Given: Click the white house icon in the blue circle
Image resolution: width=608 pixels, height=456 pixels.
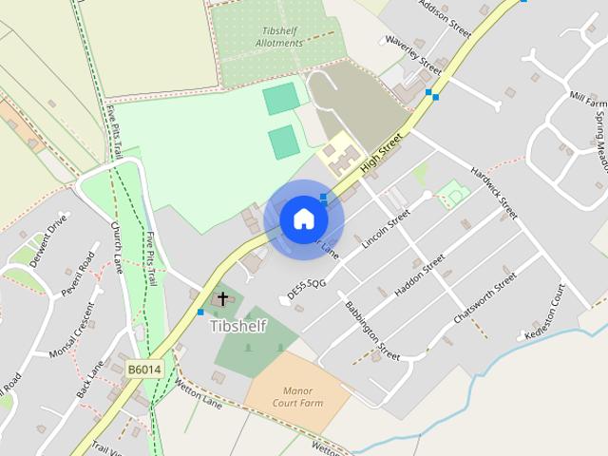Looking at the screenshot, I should (x=303, y=219).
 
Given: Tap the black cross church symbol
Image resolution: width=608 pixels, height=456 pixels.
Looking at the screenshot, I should (x=222, y=299).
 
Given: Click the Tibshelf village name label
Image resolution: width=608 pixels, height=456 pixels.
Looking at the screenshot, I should (x=237, y=326).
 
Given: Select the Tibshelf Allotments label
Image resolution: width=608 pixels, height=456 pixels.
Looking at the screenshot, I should (x=282, y=37).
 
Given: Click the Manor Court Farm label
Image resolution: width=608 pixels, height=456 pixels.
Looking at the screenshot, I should (x=298, y=396).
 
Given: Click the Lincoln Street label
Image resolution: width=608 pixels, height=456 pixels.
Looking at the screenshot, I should (x=387, y=229).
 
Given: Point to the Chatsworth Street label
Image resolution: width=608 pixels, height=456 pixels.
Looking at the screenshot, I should (x=485, y=297).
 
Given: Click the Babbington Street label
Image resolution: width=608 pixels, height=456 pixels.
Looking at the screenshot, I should (x=373, y=331).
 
